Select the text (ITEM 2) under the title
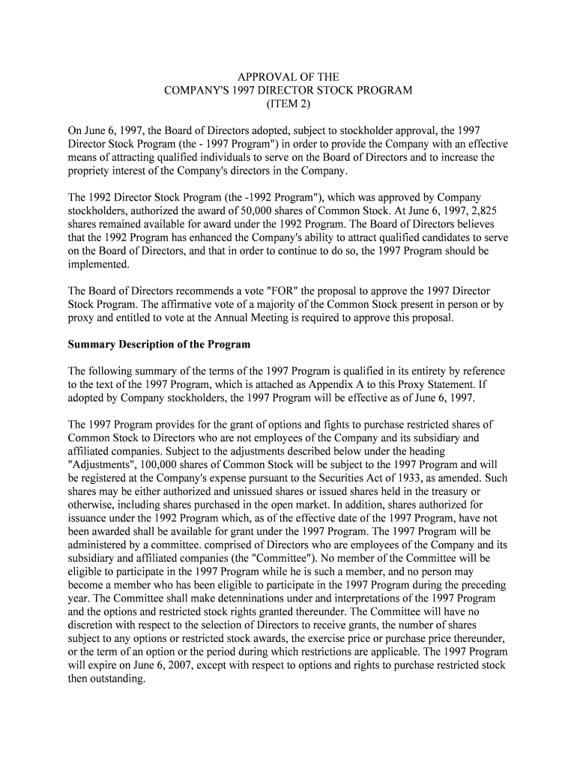point(288,104)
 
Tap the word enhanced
point(199,237)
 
